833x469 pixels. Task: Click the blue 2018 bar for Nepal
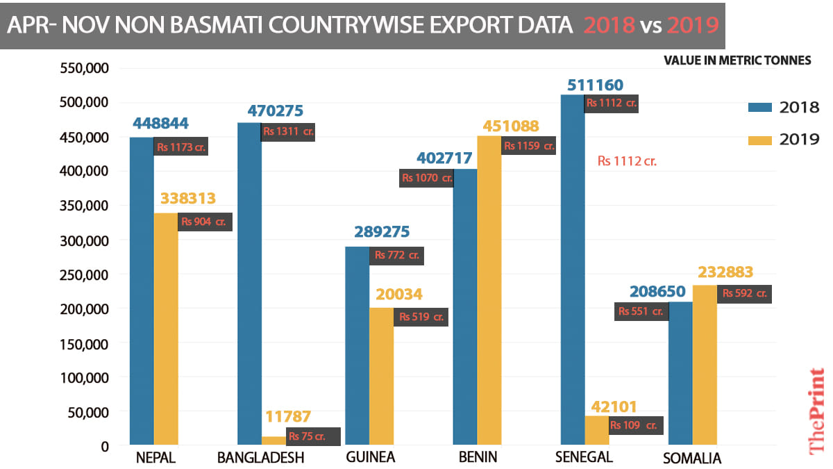click(x=142, y=292)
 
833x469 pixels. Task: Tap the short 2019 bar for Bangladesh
click(x=273, y=441)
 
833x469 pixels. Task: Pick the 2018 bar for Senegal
click(x=573, y=271)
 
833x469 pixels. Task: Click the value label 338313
click(x=188, y=199)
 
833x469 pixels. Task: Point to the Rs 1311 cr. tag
click(x=288, y=132)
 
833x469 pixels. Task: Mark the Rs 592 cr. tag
click(x=744, y=293)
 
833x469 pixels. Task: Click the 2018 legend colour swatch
click(x=760, y=108)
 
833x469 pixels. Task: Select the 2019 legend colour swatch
click(x=760, y=140)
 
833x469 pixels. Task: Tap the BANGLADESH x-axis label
click(x=260, y=458)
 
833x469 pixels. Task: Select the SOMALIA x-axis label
click(x=691, y=459)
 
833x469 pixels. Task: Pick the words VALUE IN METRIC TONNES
click(x=737, y=60)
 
